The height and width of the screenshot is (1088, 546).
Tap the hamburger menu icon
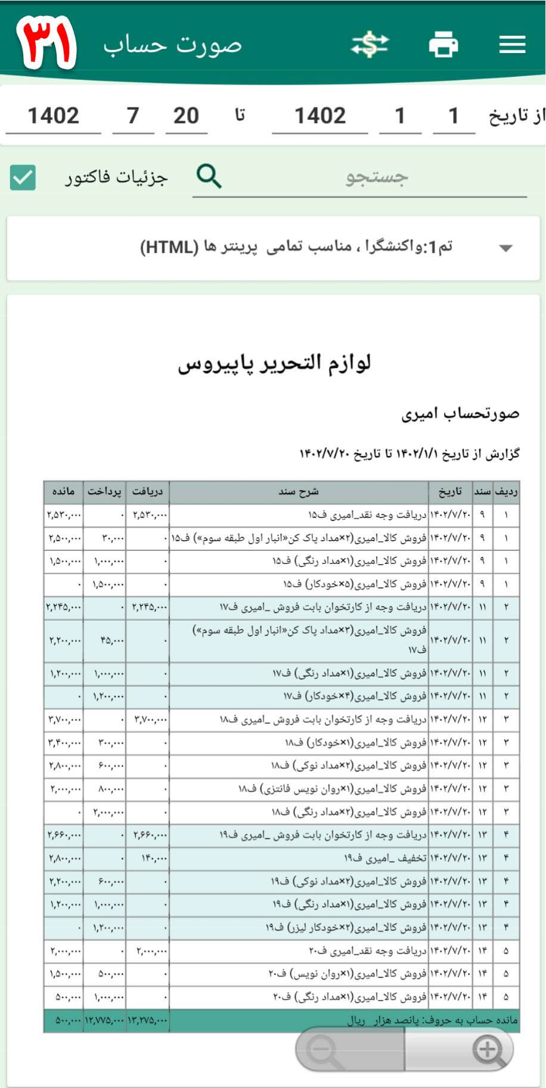[x=512, y=45]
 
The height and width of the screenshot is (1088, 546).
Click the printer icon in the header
[x=443, y=45]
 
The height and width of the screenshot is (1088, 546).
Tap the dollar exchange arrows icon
[x=370, y=45]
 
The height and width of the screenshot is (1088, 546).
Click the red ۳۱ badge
[x=46, y=43]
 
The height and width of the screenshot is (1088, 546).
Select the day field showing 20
[x=186, y=116]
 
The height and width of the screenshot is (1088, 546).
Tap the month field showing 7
[x=133, y=116]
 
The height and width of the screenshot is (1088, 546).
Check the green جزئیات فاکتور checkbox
[x=23, y=178]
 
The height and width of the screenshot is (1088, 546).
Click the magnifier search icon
[x=209, y=176]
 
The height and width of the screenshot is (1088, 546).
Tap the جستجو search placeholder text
[x=377, y=177]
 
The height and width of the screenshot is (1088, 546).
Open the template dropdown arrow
[x=505, y=248]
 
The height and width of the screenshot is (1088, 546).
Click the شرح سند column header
[x=299, y=492]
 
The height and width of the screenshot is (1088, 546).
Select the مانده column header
[x=63, y=492]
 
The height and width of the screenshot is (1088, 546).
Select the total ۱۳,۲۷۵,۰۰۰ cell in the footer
[x=147, y=1021]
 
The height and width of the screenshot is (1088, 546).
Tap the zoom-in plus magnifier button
[x=488, y=1049]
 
